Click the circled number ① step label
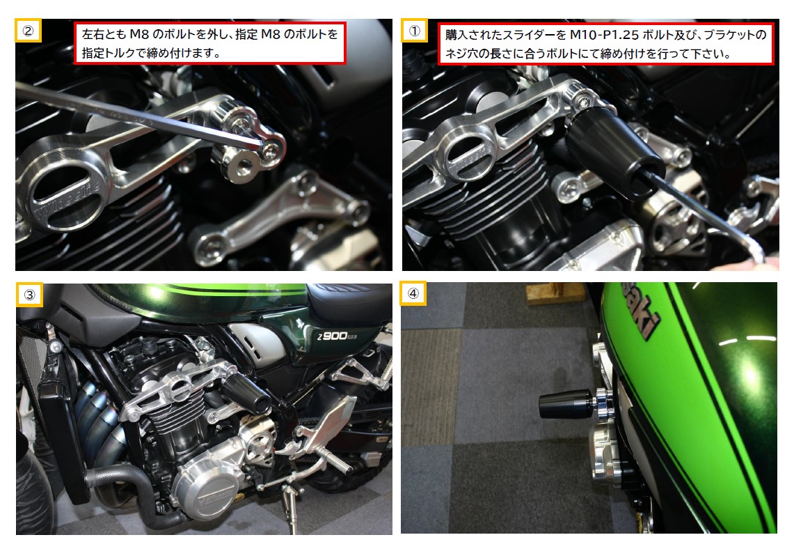414,31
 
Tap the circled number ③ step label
29,294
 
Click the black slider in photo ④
564,405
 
